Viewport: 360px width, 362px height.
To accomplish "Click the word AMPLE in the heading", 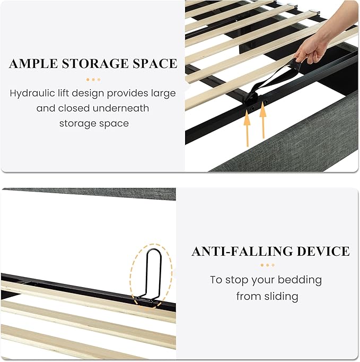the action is [33, 64].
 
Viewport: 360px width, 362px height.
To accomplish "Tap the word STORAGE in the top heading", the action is [95, 64].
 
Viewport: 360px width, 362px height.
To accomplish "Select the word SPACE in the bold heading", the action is [154, 64].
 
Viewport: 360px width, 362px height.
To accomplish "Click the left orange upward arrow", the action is [247, 128].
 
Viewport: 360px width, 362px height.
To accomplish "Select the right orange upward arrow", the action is [263, 120].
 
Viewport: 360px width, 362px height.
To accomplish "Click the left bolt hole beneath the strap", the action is [253, 108].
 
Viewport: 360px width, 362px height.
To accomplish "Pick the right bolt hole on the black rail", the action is [266, 102].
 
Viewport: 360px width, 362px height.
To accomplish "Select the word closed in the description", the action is [74, 108].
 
